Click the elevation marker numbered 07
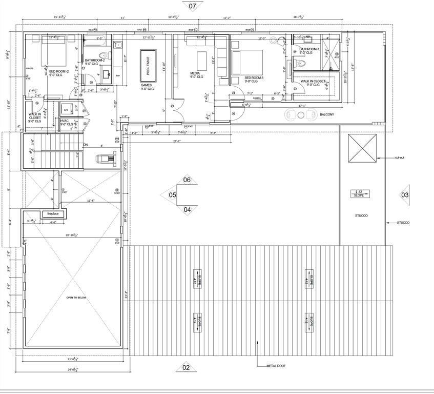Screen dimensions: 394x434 click(193, 7)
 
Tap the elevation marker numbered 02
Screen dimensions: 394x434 click(186, 367)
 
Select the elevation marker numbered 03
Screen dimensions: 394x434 click(405, 195)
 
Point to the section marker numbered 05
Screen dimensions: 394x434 click(172, 195)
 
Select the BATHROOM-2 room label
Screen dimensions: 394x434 click(95, 61)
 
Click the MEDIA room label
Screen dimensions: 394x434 click(195, 73)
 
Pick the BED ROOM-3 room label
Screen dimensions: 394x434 click(254, 78)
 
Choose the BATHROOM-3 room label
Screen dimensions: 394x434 click(309, 49)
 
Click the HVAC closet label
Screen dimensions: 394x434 click(65, 121)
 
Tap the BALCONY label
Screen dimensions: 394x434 click(327, 114)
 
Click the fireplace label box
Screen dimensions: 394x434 click(53, 213)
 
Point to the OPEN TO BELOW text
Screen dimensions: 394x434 click(76, 298)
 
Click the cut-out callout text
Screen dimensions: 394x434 click(401, 158)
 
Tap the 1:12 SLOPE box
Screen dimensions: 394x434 click(359, 193)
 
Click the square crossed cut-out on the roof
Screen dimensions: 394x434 click(362, 148)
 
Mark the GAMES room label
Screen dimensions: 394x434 click(146, 86)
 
